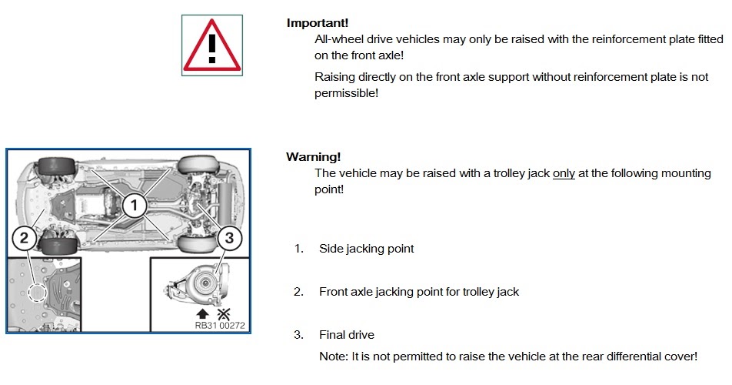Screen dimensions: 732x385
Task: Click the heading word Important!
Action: [x=318, y=23]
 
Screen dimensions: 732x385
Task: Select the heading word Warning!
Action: [x=313, y=156]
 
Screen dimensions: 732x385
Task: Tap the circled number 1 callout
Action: [x=135, y=205]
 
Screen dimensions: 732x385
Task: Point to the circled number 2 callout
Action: [x=24, y=238]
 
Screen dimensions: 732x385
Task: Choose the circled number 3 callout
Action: [x=229, y=238]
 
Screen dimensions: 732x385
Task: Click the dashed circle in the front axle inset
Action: [x=37, y=293]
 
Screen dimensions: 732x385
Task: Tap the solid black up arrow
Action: [x=203, y=314]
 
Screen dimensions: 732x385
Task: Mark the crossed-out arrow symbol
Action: [x=224, y=314]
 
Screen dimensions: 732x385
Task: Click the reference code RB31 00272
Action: [x=220, y=326]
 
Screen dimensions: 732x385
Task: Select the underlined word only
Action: [x=564, y=173]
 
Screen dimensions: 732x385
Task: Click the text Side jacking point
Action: [x=367, y=249]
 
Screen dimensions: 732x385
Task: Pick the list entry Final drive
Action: [x=347, y=334]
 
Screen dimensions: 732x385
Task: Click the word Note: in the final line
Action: [x=334, y=357]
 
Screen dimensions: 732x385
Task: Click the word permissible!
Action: [x=346, y=93]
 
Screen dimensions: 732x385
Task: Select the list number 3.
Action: [x=299, y=334]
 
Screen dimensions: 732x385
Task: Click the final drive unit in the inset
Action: [x=198, y=283]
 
